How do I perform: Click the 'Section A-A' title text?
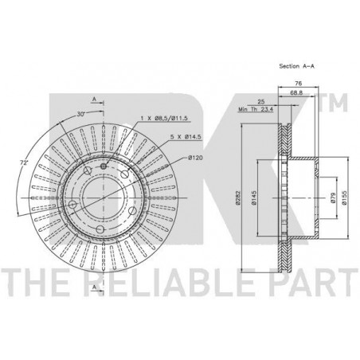click(x=296, y=66)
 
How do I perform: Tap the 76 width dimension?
click(x=299, y=84)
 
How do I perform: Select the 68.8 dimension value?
click(x=296, y=93)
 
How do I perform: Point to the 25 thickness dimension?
click(x=261, y=101)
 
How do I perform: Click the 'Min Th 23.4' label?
click(x=256, y=109)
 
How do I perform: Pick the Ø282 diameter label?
click(x=238, y=198)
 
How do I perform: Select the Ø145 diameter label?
click(x=254, y=198)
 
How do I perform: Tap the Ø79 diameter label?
click(x=334, y=198)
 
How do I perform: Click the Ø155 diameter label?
click(x=344, y=198)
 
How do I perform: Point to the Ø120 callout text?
click(x=195, y=158)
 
